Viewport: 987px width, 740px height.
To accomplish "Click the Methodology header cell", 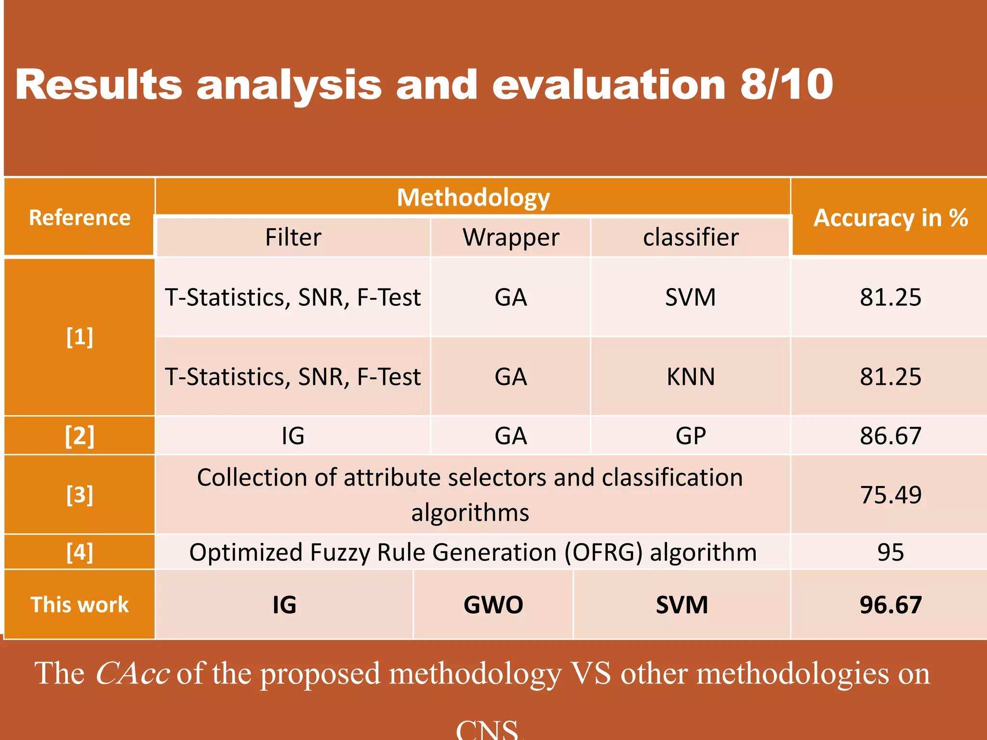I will pyautogui.click(x=473, y=198).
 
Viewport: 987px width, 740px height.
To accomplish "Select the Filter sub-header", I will pyautogui.click(x=293, y=237).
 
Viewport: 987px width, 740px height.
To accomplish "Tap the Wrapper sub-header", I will pyautogui.click(x=511, y=237).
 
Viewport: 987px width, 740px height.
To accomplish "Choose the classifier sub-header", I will pyautogui.click(x=691, y=237).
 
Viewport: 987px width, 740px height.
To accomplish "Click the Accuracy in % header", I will pyautogui.click(x=890, y=218).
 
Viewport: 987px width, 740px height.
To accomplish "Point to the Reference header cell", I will pyautogui.click(x=80, y=218).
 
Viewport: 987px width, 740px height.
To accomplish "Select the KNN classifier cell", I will pyautogui.click(x=691, y=377).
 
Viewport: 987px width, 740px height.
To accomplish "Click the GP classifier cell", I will pyautogui.click(x=691, y=436).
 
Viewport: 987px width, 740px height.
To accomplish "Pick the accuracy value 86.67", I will pyautogui.click(x=890, y=436).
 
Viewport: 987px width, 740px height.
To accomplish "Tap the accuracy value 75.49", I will pyautogui.click(x=890, y=495).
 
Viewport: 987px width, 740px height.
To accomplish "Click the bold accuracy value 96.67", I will pyautogui.click(x=890, y=605).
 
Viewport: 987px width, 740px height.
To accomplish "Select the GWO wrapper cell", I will pyautogui.click(x=493, y=605).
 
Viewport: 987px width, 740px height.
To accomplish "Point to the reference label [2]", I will pyautogui.click(x=80, y=436).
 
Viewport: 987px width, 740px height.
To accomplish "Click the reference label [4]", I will pyautogui.click(x=80, y=552).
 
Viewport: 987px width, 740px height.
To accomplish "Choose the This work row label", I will pyautogui.click(x=80, y=605).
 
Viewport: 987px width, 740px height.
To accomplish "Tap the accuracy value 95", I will pyautogui.click(x=890, y=552).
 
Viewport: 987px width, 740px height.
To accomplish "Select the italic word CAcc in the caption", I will pyautogui.click(x=132, y=674).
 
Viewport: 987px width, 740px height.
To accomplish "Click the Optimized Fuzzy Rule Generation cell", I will pyautogui.click(x=472, y=552).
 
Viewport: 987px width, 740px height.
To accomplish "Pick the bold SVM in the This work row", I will pyautogui.click(x=681, y=605).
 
